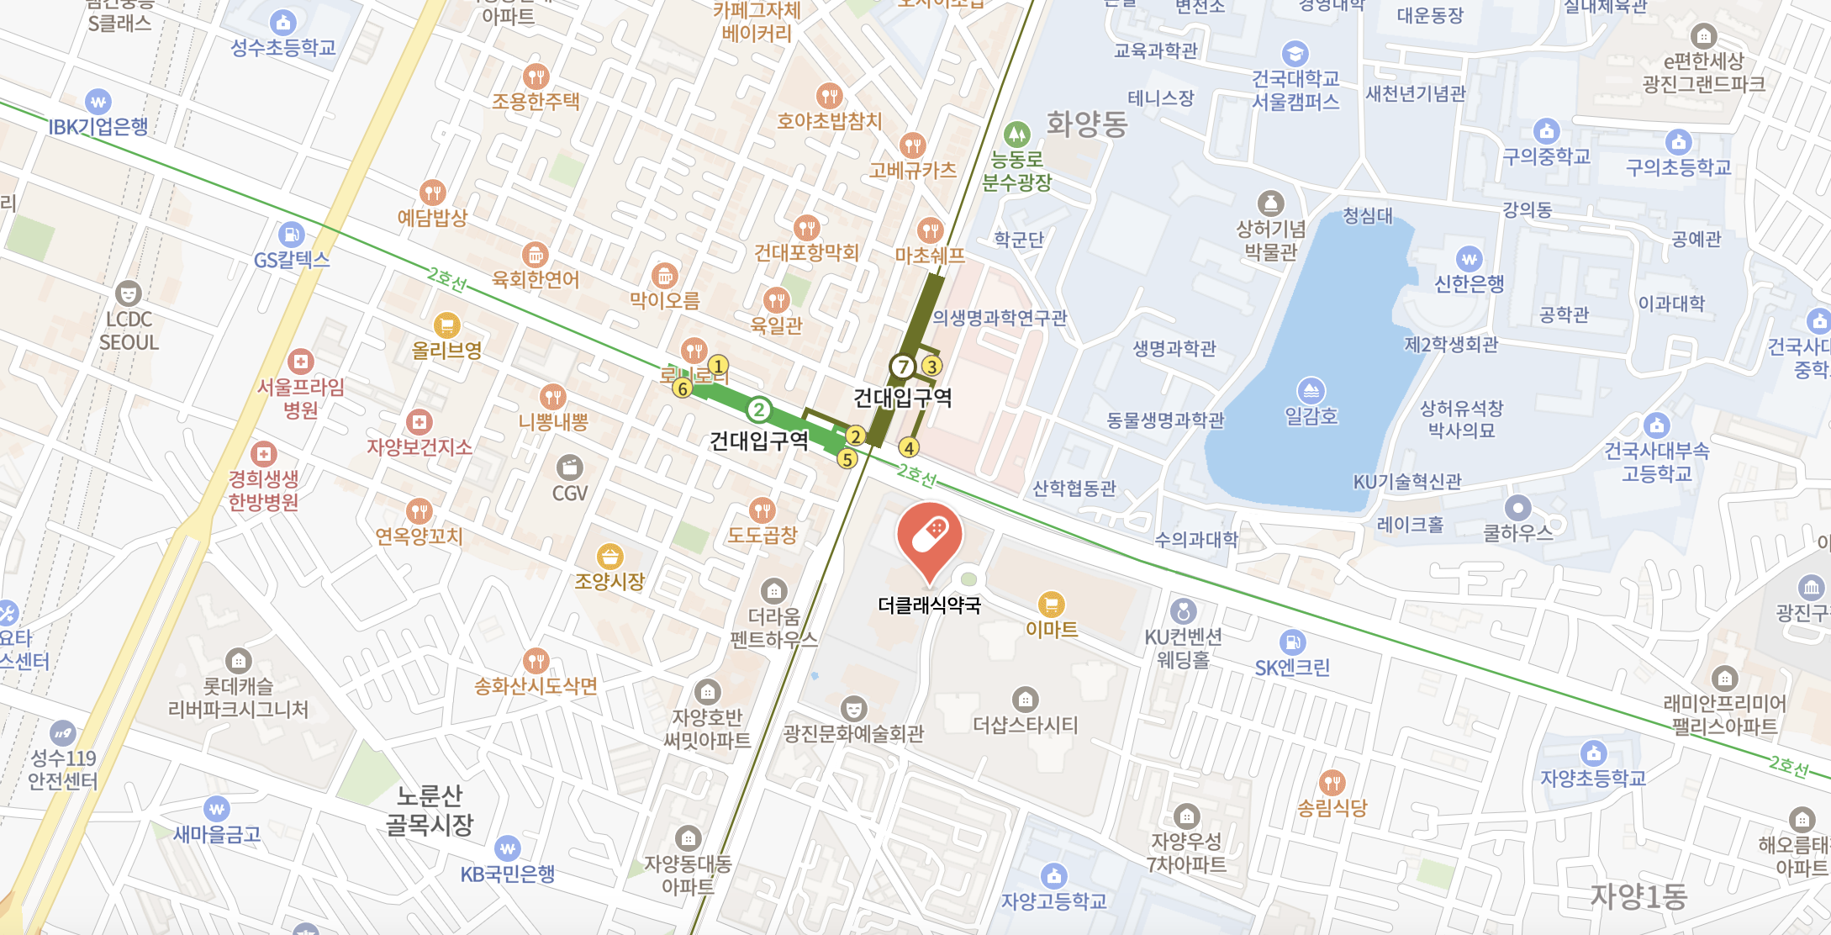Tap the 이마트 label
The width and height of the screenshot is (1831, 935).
(1051, 629)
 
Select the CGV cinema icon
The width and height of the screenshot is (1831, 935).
(569, 467)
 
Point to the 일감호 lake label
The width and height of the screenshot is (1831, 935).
(1311, 415)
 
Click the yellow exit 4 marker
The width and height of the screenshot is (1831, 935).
(908, 447)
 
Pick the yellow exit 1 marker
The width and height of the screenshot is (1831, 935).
(717, 366)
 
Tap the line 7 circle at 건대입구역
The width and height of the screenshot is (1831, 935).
(902, 367)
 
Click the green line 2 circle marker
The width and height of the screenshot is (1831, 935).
(758, 409)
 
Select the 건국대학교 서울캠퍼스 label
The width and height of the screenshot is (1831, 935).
(1295, 90)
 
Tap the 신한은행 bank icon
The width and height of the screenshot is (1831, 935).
(1469, 259)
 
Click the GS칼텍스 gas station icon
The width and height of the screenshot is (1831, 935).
(291, 235)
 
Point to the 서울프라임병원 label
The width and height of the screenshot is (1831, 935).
(300, 398)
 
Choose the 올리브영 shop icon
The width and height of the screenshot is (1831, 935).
(446, 325)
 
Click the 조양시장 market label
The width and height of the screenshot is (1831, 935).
(609, 580)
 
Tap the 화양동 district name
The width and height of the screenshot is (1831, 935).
(1086, 124)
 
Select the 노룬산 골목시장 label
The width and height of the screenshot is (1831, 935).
(430, 810)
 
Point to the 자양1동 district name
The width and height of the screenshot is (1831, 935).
(1638, 896)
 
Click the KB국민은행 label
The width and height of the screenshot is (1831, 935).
(508, 874)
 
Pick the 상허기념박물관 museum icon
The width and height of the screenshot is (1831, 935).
(1269, 203)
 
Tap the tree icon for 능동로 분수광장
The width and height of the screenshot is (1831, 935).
(1016, 133)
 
